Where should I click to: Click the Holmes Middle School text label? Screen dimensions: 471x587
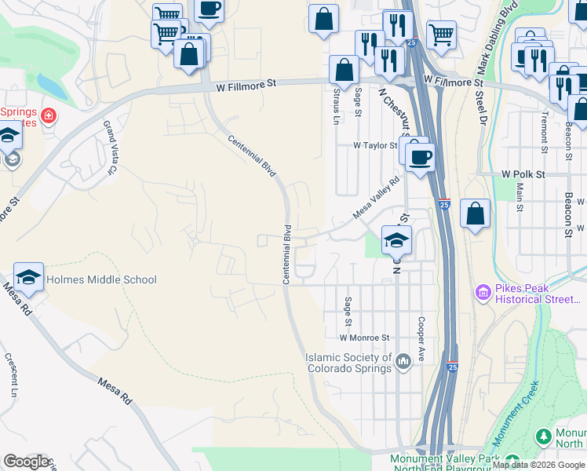point(101,279)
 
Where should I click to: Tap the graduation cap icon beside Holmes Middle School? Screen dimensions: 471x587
point(28,277)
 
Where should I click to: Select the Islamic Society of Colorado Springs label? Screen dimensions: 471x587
point(348,363)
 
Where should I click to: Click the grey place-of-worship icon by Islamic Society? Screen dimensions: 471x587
point(403,362)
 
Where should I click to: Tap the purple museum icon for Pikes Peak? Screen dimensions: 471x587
point(483,294)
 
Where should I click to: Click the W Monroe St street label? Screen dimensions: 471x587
point(364,338)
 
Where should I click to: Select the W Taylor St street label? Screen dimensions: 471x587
point(375,145)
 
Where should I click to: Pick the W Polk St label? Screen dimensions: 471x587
point(523,173)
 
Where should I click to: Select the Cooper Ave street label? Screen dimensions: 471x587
point(421,338)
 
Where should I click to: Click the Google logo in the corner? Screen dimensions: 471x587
point(26,462)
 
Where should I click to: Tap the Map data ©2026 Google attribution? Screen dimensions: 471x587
point(538,465)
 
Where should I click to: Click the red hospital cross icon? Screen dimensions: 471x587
point(49,116)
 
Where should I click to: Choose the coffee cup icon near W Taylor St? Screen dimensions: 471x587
point(421,155)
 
